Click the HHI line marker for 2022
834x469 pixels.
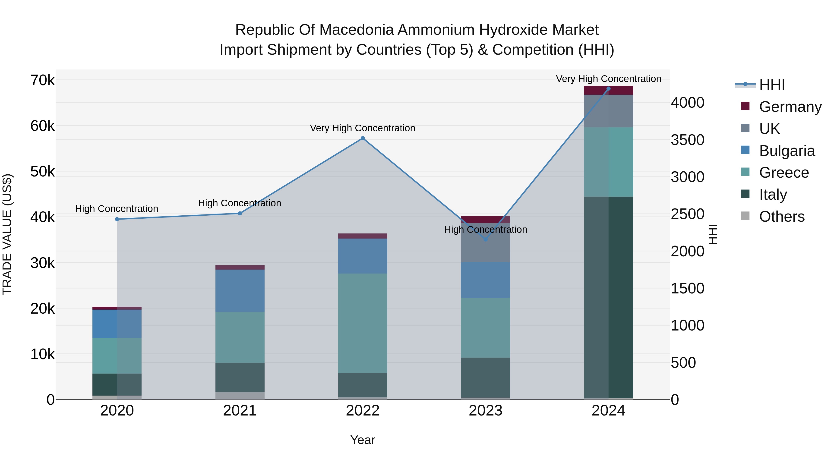click(363, 138)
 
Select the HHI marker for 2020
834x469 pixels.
click(117, 219)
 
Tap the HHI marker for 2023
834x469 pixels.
click(485, 239)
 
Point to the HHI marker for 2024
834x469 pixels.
click(608, 89)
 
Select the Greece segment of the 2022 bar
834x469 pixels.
click(363, 323)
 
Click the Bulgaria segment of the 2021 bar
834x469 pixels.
click(240, 290)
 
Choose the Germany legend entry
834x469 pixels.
click(790, 107)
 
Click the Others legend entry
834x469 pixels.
click(782, 217)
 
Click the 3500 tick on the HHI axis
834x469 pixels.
click(687, 140)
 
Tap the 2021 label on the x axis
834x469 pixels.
click(240, 411)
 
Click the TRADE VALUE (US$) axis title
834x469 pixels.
click(7, 234)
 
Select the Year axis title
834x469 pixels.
click(363, 440)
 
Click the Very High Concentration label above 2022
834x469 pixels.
click(363, 128)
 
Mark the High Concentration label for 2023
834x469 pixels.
click(485, 230)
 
